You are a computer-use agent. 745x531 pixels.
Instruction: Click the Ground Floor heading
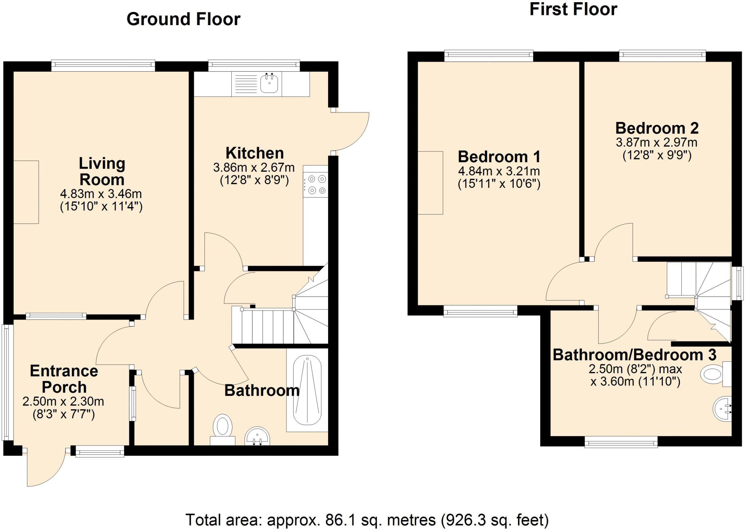(183, 19)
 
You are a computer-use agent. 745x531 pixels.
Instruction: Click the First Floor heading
(573, 9)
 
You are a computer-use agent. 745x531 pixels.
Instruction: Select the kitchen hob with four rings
(316, 185)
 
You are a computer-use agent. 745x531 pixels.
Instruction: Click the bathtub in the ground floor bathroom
(307, 390)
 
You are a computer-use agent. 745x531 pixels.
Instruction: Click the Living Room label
(102, 171)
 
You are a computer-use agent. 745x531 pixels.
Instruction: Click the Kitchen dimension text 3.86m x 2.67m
(254, 168)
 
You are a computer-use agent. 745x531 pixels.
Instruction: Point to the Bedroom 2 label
(657, 128)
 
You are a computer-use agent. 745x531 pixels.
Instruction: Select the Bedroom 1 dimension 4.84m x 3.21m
(499, 171)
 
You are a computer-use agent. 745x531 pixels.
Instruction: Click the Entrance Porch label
(64, 379)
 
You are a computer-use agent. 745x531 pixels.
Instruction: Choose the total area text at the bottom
(367, 520)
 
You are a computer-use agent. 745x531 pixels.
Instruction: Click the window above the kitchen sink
(254, 66)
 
